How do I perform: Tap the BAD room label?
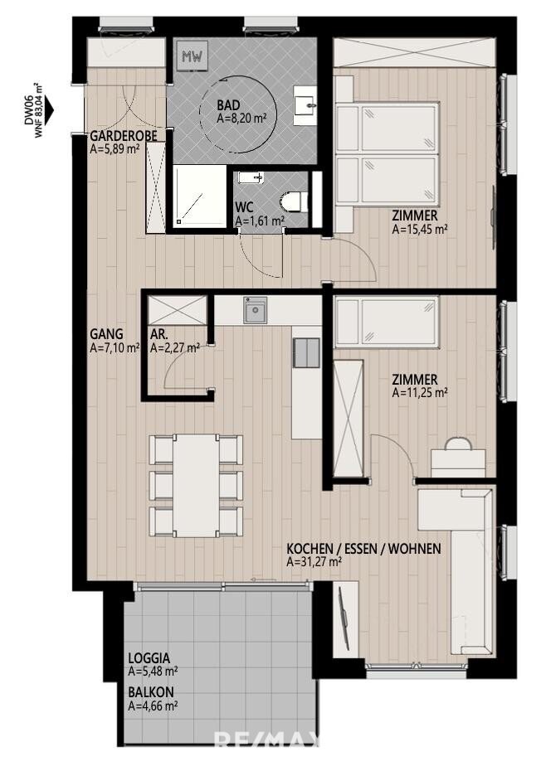[228, 105]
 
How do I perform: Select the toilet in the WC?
[295, 201]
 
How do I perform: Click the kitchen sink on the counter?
[256, 310]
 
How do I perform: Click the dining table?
[196, 486]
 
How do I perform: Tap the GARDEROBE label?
[124, 136]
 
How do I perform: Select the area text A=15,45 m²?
[420, 229]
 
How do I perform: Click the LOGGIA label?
[149, 658]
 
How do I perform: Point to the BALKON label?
[151, 692]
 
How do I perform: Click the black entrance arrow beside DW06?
[50, 111]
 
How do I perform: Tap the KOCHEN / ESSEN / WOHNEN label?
[363, 549]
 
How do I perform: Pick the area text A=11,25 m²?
[420, 392]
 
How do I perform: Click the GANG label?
[106, 334]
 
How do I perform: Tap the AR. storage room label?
[159, 335]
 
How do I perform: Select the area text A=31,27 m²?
[314, 562]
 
